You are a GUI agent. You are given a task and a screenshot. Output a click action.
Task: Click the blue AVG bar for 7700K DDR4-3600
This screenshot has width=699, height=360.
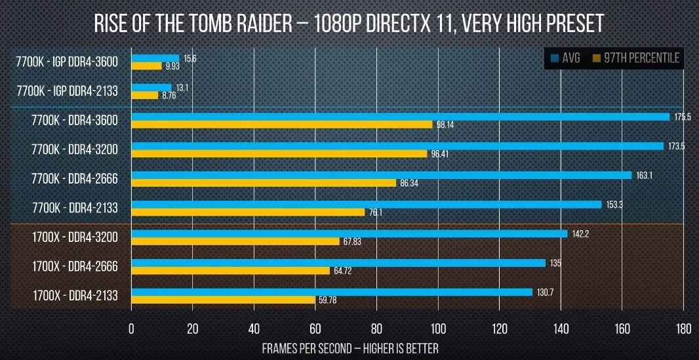coord(400,117)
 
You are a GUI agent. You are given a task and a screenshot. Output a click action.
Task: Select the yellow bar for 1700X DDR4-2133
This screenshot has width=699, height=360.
coord(223,300)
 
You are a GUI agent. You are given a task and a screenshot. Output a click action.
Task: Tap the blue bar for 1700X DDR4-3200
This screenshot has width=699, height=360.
coord(349,233)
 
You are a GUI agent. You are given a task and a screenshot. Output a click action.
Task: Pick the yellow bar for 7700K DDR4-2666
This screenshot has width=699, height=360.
coord(264,183)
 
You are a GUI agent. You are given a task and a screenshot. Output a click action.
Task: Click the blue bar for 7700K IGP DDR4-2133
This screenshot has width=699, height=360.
coord(151,87)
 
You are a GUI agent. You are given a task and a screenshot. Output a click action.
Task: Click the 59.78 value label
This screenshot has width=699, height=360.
coord(328,301)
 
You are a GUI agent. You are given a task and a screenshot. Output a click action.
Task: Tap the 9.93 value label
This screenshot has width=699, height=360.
coord(172,66)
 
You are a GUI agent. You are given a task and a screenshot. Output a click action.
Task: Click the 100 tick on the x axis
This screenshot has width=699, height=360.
coord(437,327)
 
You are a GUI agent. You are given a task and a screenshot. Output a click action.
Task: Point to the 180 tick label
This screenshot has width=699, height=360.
coord(683,327)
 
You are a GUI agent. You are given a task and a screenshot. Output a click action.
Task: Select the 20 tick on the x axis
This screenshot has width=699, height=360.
coord(192,327)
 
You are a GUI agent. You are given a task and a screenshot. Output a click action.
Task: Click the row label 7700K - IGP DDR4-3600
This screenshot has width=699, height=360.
coord(68,62)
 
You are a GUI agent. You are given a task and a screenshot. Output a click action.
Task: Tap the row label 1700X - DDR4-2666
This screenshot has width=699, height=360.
coord(75,266)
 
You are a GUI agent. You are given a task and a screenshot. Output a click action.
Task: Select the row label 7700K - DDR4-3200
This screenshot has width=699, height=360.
coord(75,150)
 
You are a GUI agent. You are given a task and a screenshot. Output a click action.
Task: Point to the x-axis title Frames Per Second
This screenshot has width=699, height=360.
coord(349,348)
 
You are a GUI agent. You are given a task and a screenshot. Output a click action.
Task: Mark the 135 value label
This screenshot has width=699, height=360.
coord(557,263)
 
